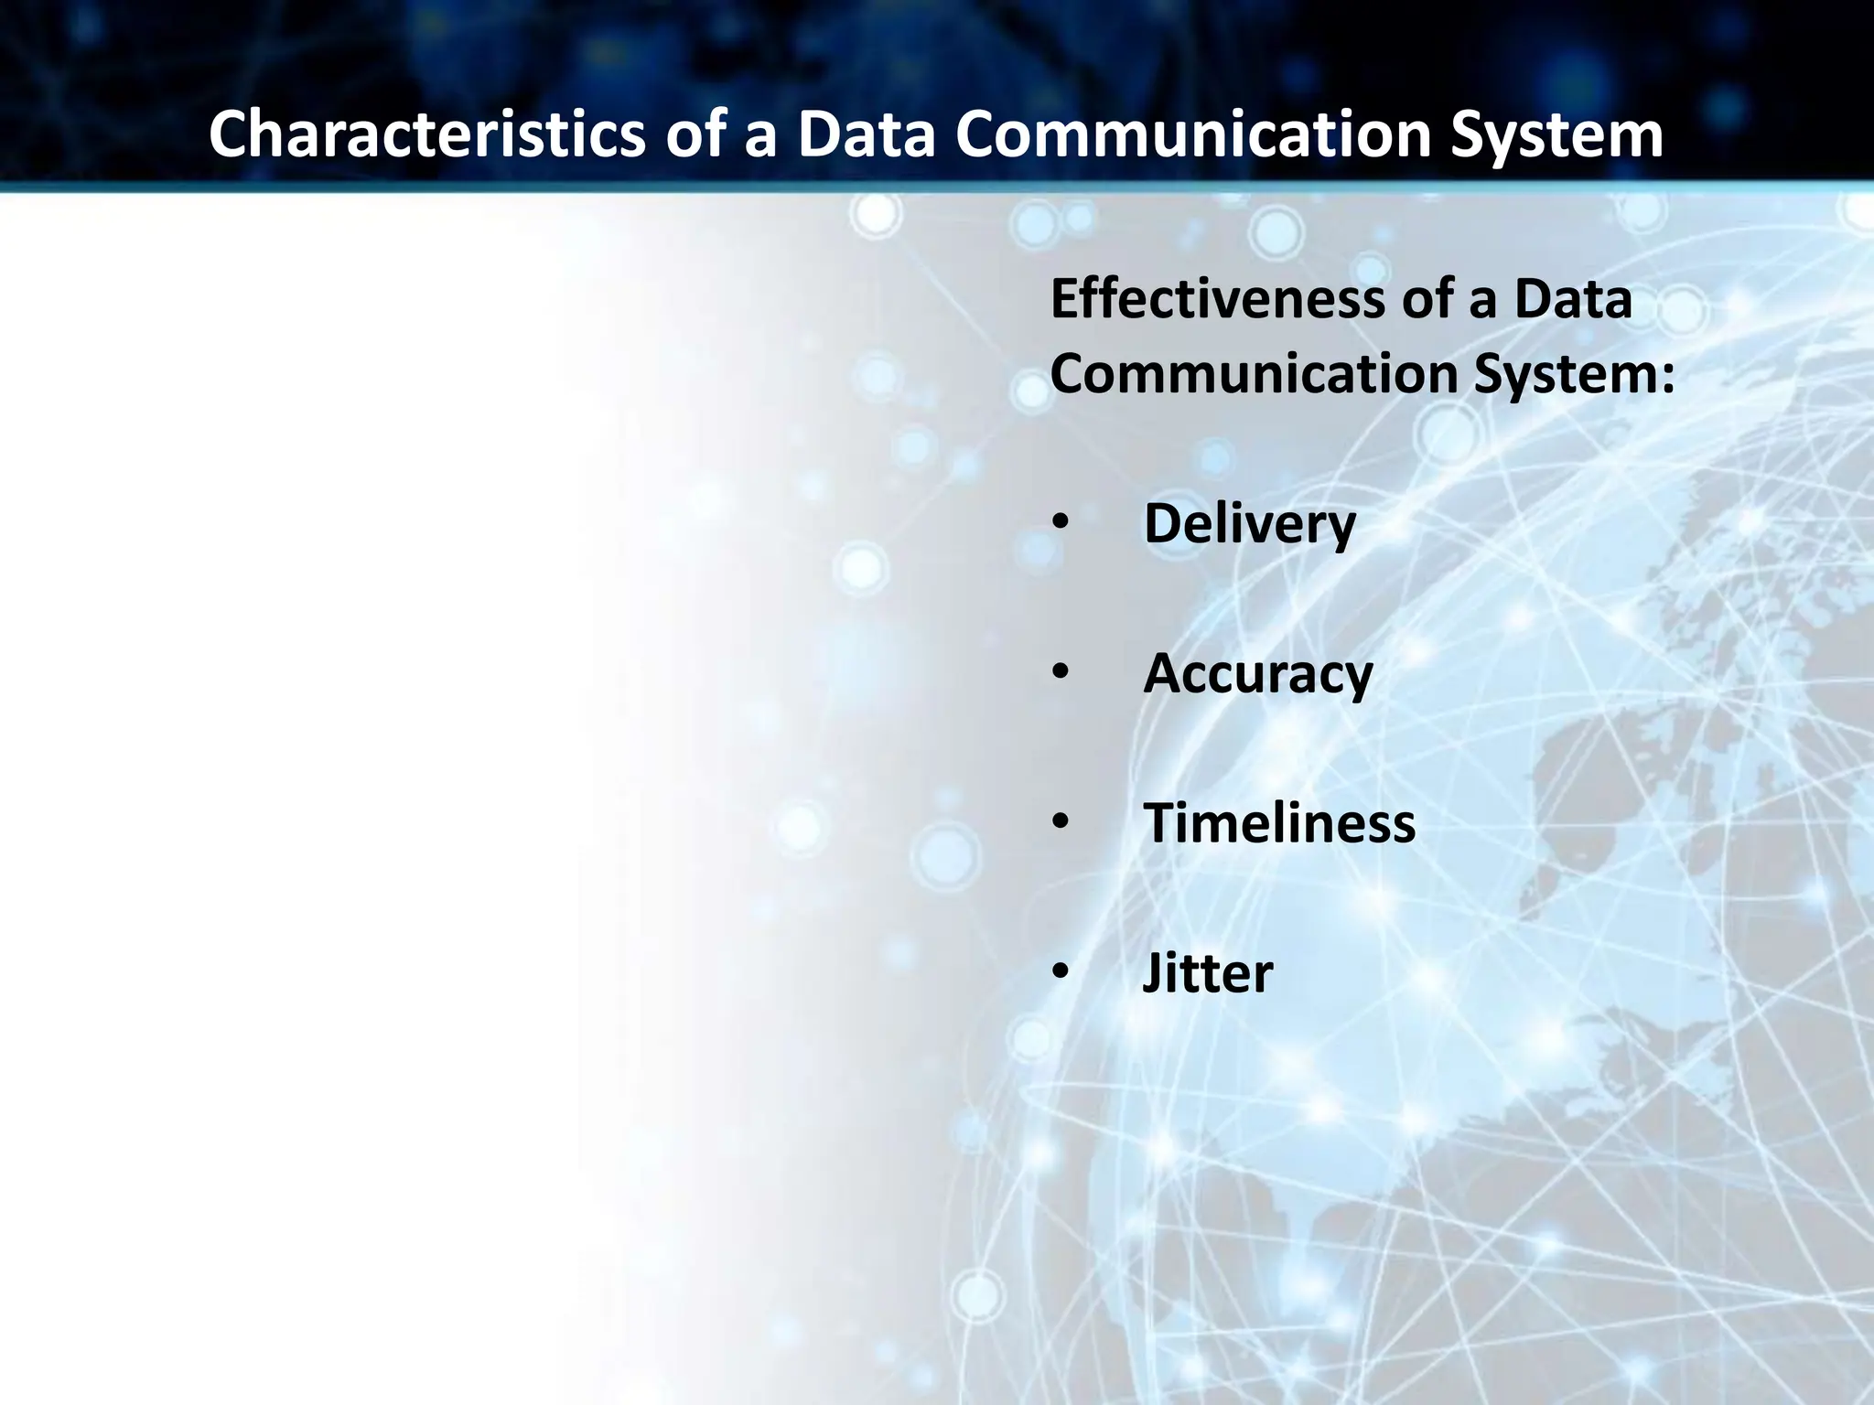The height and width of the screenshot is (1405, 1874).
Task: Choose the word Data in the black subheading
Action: (x=1573, y=299)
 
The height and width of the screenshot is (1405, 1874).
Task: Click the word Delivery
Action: (x=1249, y=524)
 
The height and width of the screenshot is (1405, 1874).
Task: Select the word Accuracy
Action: (x=1257, y=674)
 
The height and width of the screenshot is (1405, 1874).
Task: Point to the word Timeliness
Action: (x=1278, y=822)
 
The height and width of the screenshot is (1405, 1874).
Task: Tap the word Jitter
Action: (x=1207, y=972)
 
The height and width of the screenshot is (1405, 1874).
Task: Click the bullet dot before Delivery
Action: (x=1060, y=523)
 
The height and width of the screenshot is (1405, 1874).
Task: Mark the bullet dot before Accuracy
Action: (x=1060, y=672)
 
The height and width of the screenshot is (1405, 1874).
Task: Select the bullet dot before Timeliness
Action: (x=1060, y=821)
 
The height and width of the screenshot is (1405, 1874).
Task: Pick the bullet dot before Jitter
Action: (x=1060, y=971)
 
